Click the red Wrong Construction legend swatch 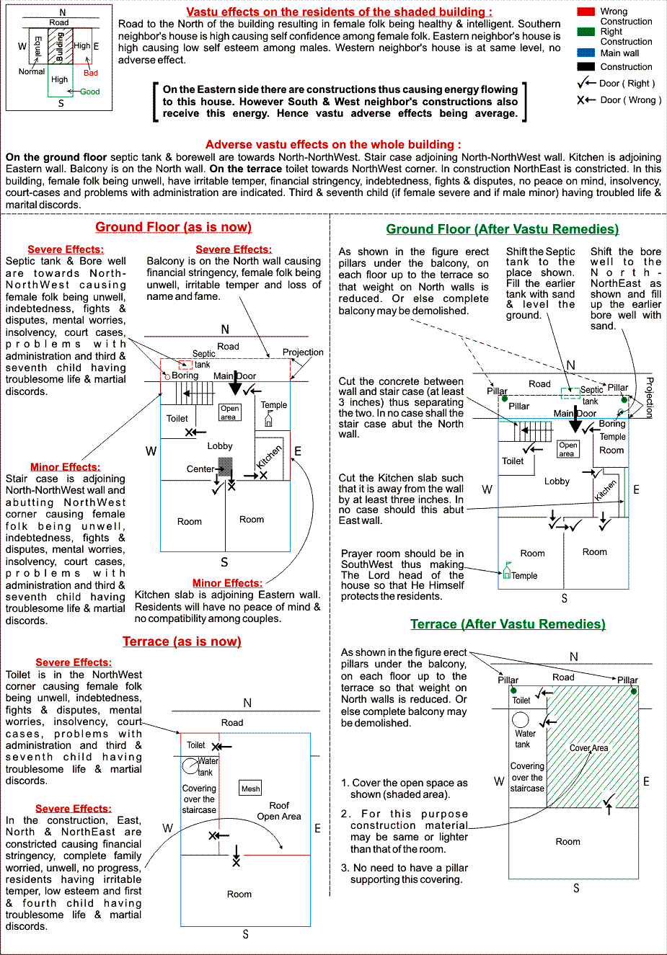coord(586,12)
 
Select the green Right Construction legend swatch coord(586,32)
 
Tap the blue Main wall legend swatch coord(586,53)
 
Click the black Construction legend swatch coord(586,66)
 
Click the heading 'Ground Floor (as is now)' coord(173,227)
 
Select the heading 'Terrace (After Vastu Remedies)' coord(508,624)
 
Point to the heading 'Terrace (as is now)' coord(182,641)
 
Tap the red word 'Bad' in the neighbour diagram coord(91,73)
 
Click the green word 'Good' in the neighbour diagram coord(90,92)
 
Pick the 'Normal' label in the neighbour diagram coord(32,71)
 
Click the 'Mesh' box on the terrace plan coord(250,789)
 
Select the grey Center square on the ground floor coord(226,466)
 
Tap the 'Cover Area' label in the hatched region coord(589,748)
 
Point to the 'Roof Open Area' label coord(279,811)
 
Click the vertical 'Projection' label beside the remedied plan coord(649,398)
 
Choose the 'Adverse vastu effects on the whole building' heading coord(333,144)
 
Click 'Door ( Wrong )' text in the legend coord(630,100)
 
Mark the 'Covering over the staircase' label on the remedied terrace coord(527,777)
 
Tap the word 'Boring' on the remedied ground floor coord(612,424)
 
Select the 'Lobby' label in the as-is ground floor coord(220,446)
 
